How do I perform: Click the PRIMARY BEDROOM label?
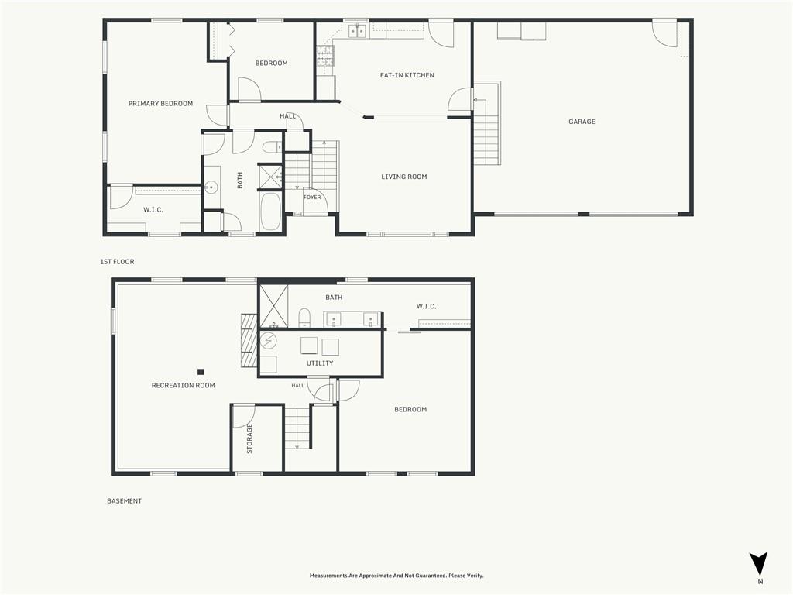tap(160, 104)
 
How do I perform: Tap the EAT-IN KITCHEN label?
tap(407, 75)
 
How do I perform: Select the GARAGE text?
tap(582, 122)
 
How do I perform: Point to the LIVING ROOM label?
tap(404, 177)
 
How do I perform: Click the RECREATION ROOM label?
tap(183, 386)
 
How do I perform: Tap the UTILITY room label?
tap(320, 363)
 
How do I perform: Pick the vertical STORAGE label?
tap(249, 439)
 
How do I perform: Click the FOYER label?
tap(312, 198)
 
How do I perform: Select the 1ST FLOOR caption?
tap(118, 262)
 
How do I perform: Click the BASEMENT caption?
tap(125, 501)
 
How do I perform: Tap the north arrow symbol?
tap(759, 564)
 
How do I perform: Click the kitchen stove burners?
tap(325, 56)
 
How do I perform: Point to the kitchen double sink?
tap(358, 31)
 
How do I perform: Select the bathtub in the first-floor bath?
tap(270, 212)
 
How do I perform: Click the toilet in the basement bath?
tap(304, 317)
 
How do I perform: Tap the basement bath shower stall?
tap(273, 306)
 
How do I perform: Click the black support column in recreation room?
tap(201, 372)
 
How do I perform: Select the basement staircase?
tap(297, 428)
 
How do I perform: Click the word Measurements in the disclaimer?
tap(327, 576)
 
